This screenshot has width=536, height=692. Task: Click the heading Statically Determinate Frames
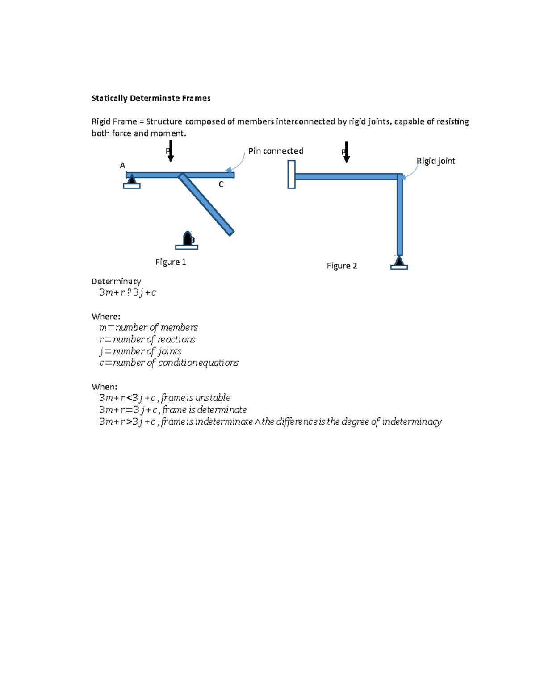[151, 98]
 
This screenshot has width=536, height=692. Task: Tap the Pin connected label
[276, 151]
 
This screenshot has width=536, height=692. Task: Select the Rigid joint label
[435, 161]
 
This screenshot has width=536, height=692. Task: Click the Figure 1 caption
[171, 262]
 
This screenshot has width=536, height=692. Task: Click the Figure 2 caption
[342, 266]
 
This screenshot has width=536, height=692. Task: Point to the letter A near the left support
[122, 166]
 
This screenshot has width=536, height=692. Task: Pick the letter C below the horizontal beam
[221, 184]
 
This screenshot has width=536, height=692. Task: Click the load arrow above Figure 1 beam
[170, 151]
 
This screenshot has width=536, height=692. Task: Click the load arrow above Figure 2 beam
[346, 152]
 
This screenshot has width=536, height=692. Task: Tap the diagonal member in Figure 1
[206, 204]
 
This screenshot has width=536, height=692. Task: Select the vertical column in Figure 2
[400, 217]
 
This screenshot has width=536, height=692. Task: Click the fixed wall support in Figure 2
[291, 175]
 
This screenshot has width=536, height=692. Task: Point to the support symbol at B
[187, 240]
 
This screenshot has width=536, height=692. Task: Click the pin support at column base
[399, 263]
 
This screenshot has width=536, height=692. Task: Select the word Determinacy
[116, 281]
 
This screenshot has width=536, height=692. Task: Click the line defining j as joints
[140, 351]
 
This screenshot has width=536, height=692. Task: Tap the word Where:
[106, 317]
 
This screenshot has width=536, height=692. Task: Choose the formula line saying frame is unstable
[165, 398]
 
